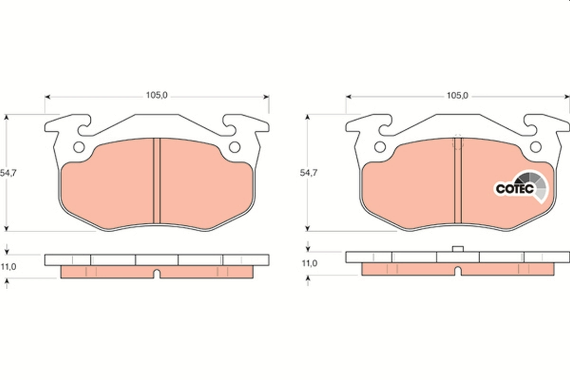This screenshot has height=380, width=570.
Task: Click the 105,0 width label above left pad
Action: pyautogui.click(x=157, y=95)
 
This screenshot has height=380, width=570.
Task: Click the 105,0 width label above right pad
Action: pyautogui.click(x=457, y=95)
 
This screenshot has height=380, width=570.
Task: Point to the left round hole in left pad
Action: pyautogui.click(x=79, y=147)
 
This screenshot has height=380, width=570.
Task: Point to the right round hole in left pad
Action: pyautogui.click(x=234, y=147)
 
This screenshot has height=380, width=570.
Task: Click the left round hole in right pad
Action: pyautogui.click(x=380, y=147)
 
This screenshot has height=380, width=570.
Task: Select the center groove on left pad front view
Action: pyautogui.click(x=157, y=180)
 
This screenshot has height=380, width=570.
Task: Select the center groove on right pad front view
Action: pyautogui.click(x=458, y=185)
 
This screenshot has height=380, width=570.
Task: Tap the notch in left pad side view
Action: pyautogui.click(x=157, y=274)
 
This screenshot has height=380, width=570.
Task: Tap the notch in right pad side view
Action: pyautogui.click(x=458, y=271)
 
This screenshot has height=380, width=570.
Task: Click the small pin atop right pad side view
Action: pyautogui.click(x=458, y=248)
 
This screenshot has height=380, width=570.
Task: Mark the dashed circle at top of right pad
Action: pyautogui.click(x=458, y=142)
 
